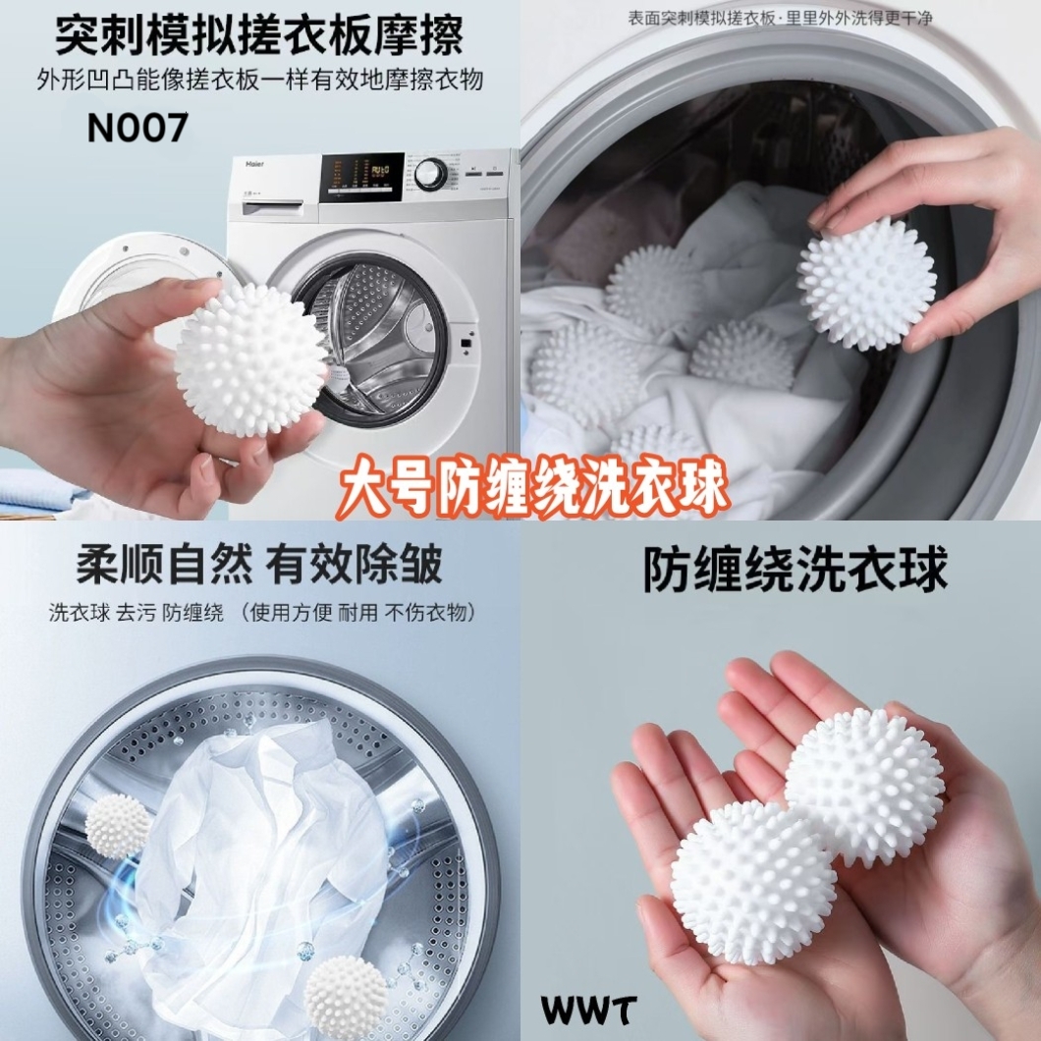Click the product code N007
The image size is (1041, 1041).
point(137,128)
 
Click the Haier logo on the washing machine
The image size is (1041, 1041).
point(255,163)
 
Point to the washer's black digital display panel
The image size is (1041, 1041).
point(361,177)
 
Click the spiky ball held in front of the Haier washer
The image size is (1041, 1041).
point(251,359)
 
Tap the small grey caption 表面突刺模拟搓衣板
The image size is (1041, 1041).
point(702,18)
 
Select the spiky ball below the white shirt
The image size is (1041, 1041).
point(346,997)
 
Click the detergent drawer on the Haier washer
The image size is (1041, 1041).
point(272,206)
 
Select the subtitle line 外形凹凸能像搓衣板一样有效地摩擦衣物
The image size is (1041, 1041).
point(259,81)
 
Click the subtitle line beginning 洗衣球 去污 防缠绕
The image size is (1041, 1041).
point(262,612)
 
